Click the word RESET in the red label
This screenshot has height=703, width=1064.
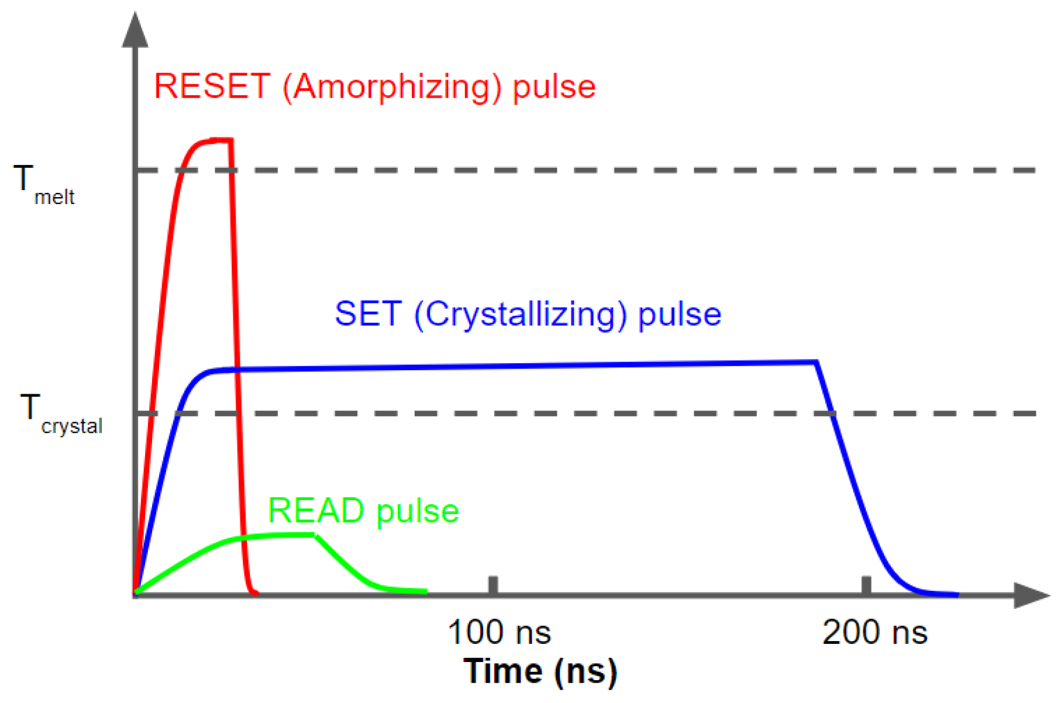pos(212,87)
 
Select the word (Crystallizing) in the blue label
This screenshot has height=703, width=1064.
pos(521,315)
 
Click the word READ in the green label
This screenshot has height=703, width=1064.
pos(316,511)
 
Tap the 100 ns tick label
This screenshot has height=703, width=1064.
pos(499,632)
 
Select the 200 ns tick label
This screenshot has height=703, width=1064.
pos(874,632)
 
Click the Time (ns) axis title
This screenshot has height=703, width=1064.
pos(540,671)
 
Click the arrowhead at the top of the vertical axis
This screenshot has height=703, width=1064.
pos(135,30)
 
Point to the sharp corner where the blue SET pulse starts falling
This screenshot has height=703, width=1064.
pos(816,363)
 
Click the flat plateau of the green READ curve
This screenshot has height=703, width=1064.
pos(281,535)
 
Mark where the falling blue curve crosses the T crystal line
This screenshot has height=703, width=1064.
pos(831,413)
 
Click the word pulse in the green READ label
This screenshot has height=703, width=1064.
pos(418,512)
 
